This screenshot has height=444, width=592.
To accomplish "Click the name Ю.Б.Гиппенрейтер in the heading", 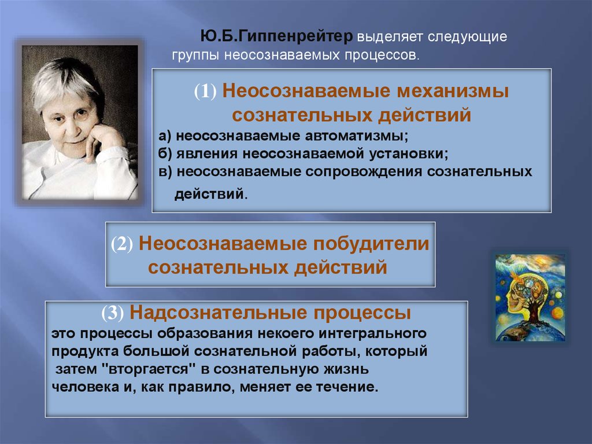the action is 276,36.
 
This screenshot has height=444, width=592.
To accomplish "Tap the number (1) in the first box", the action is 205,91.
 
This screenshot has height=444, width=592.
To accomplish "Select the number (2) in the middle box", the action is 122,244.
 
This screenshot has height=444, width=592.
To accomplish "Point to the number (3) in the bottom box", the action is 113,313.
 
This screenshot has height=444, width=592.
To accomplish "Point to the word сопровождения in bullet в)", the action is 364,172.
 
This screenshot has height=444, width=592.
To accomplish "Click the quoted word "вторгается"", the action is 150,369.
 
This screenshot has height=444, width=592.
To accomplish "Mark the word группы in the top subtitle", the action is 195,56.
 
